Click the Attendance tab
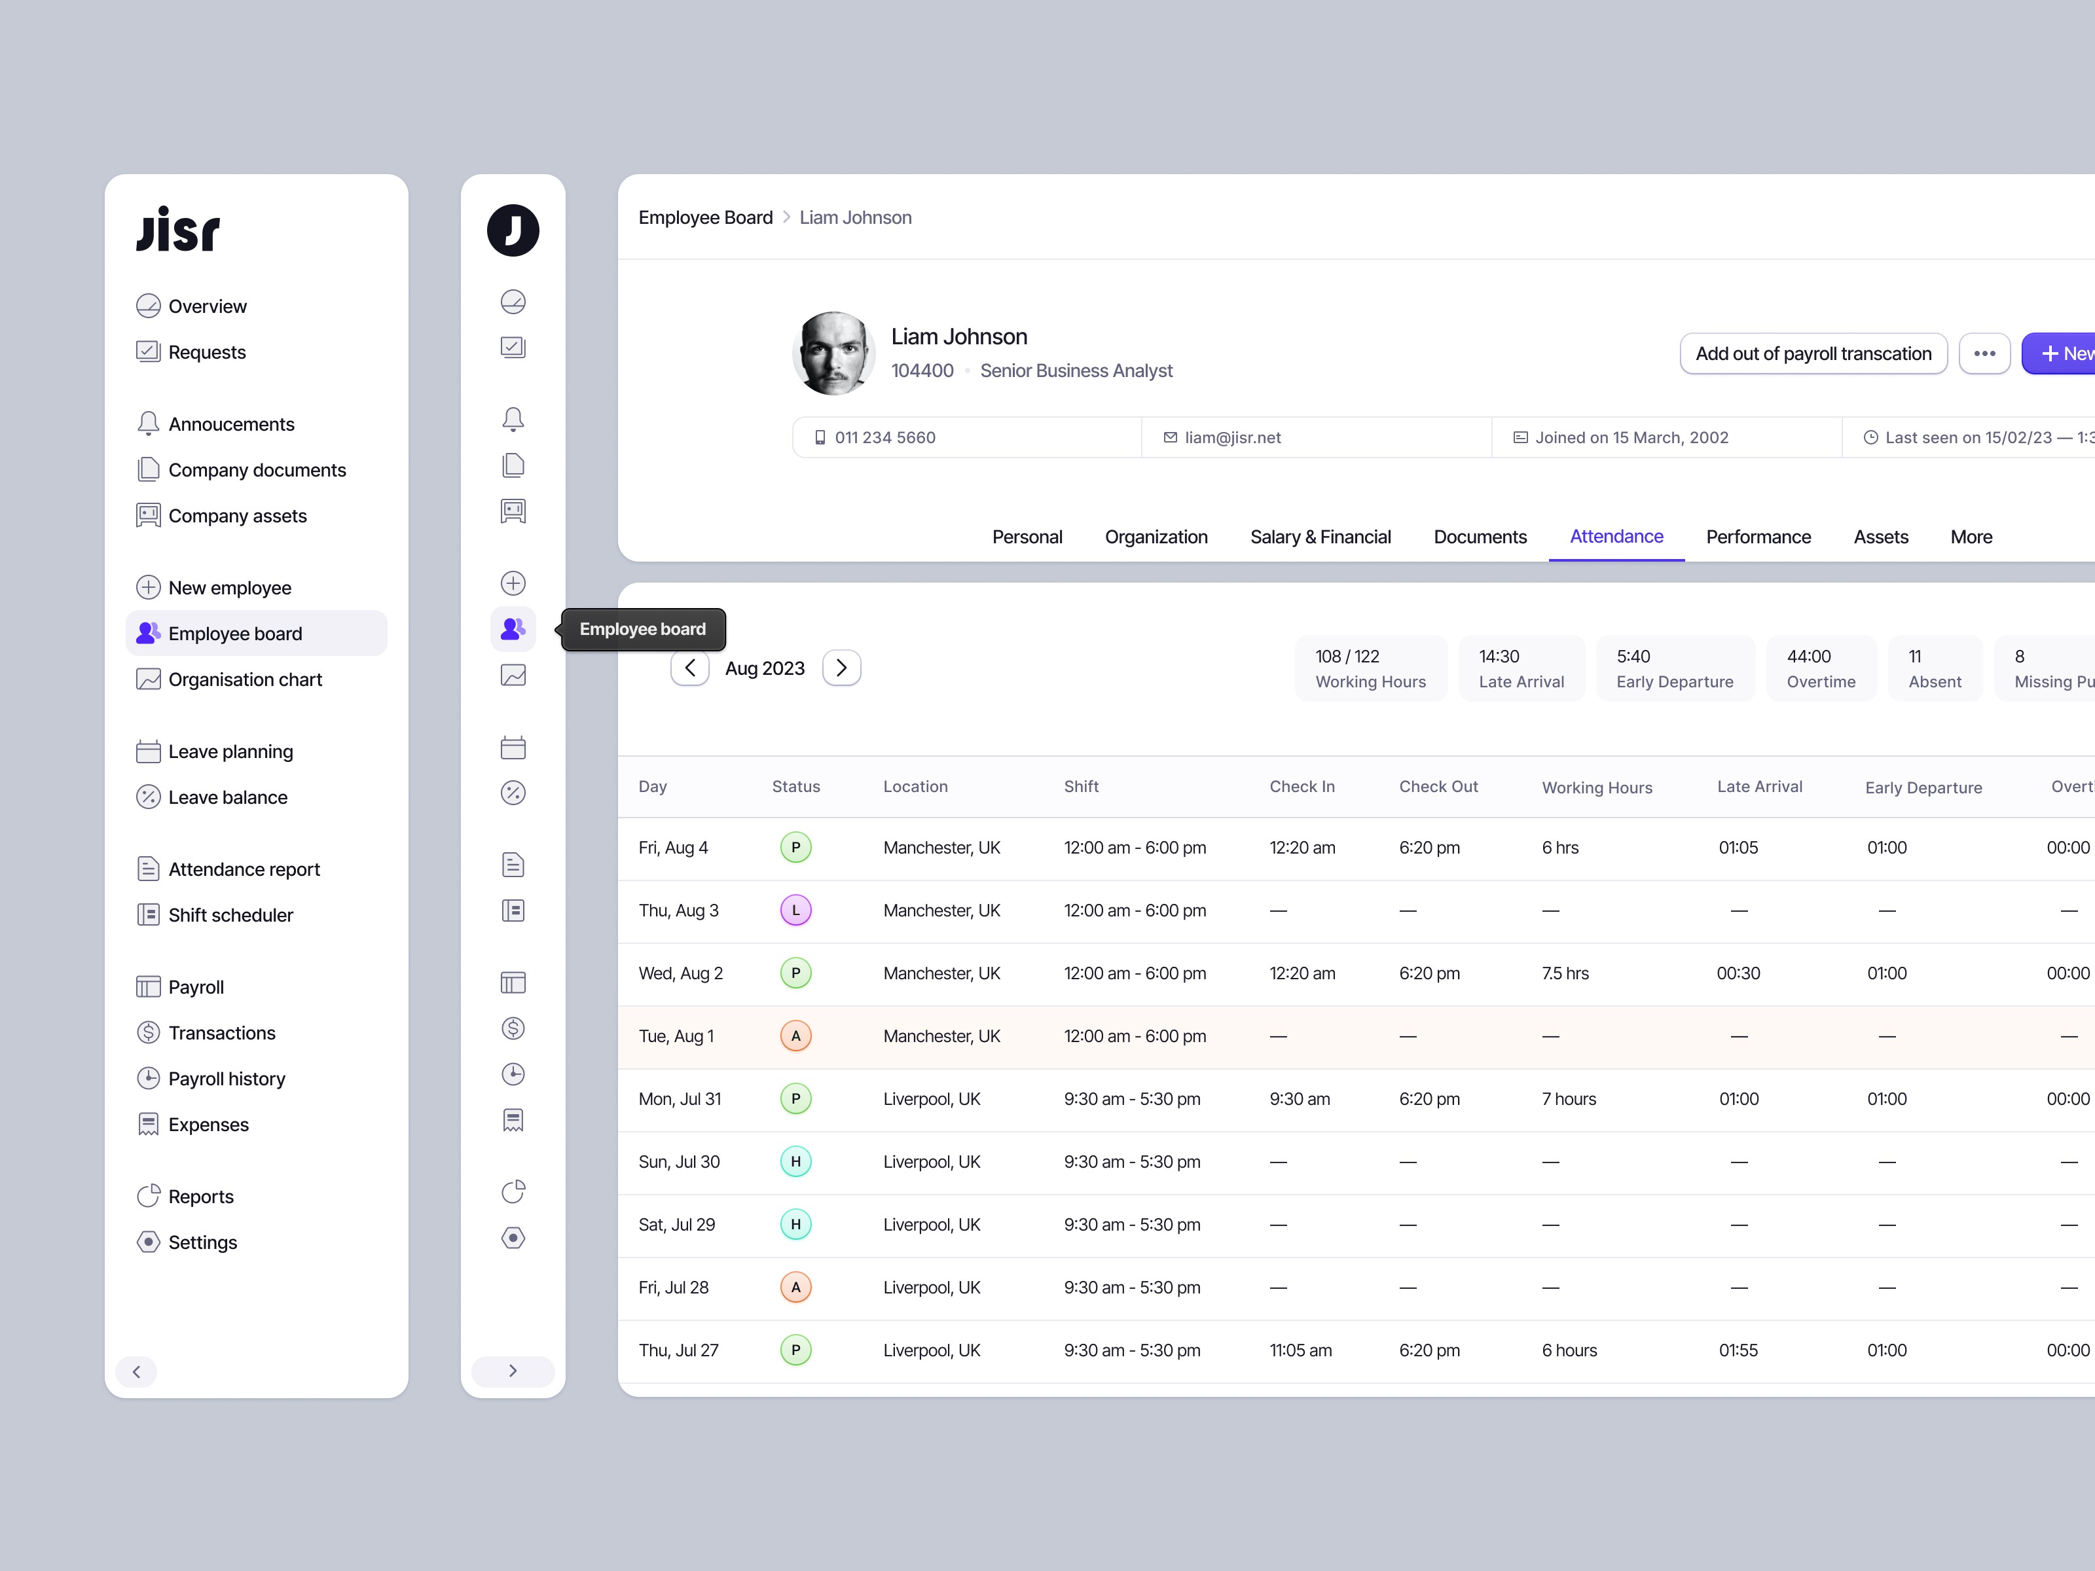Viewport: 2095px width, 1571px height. click(1616, 537)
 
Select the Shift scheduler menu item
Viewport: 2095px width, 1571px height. click(230, 914)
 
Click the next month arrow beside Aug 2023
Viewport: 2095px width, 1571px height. click(841, 668)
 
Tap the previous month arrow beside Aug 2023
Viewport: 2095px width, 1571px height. click(689, 668)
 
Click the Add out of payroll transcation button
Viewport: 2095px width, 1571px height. click(1813, 353)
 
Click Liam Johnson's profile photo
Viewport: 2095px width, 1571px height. click(833, 353)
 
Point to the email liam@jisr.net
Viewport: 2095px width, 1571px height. click(1232, 437)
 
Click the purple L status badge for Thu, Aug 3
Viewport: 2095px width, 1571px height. click(795, 910)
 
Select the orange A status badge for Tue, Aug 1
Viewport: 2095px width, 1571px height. click(795, 1036)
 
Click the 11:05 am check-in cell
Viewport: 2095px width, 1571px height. click(1300, 1350)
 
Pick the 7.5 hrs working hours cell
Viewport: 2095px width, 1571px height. click(1565, 973)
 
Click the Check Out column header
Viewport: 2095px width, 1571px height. click(1438, 786)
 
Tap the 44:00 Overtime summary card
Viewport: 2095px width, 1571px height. click(1820, 668)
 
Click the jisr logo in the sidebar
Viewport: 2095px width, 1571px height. click(178, 230)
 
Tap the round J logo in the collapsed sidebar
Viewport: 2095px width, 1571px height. click(513, 230)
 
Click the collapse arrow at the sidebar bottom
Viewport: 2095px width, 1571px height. click(136, 1371)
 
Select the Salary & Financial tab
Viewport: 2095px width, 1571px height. click(1321, 537)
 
